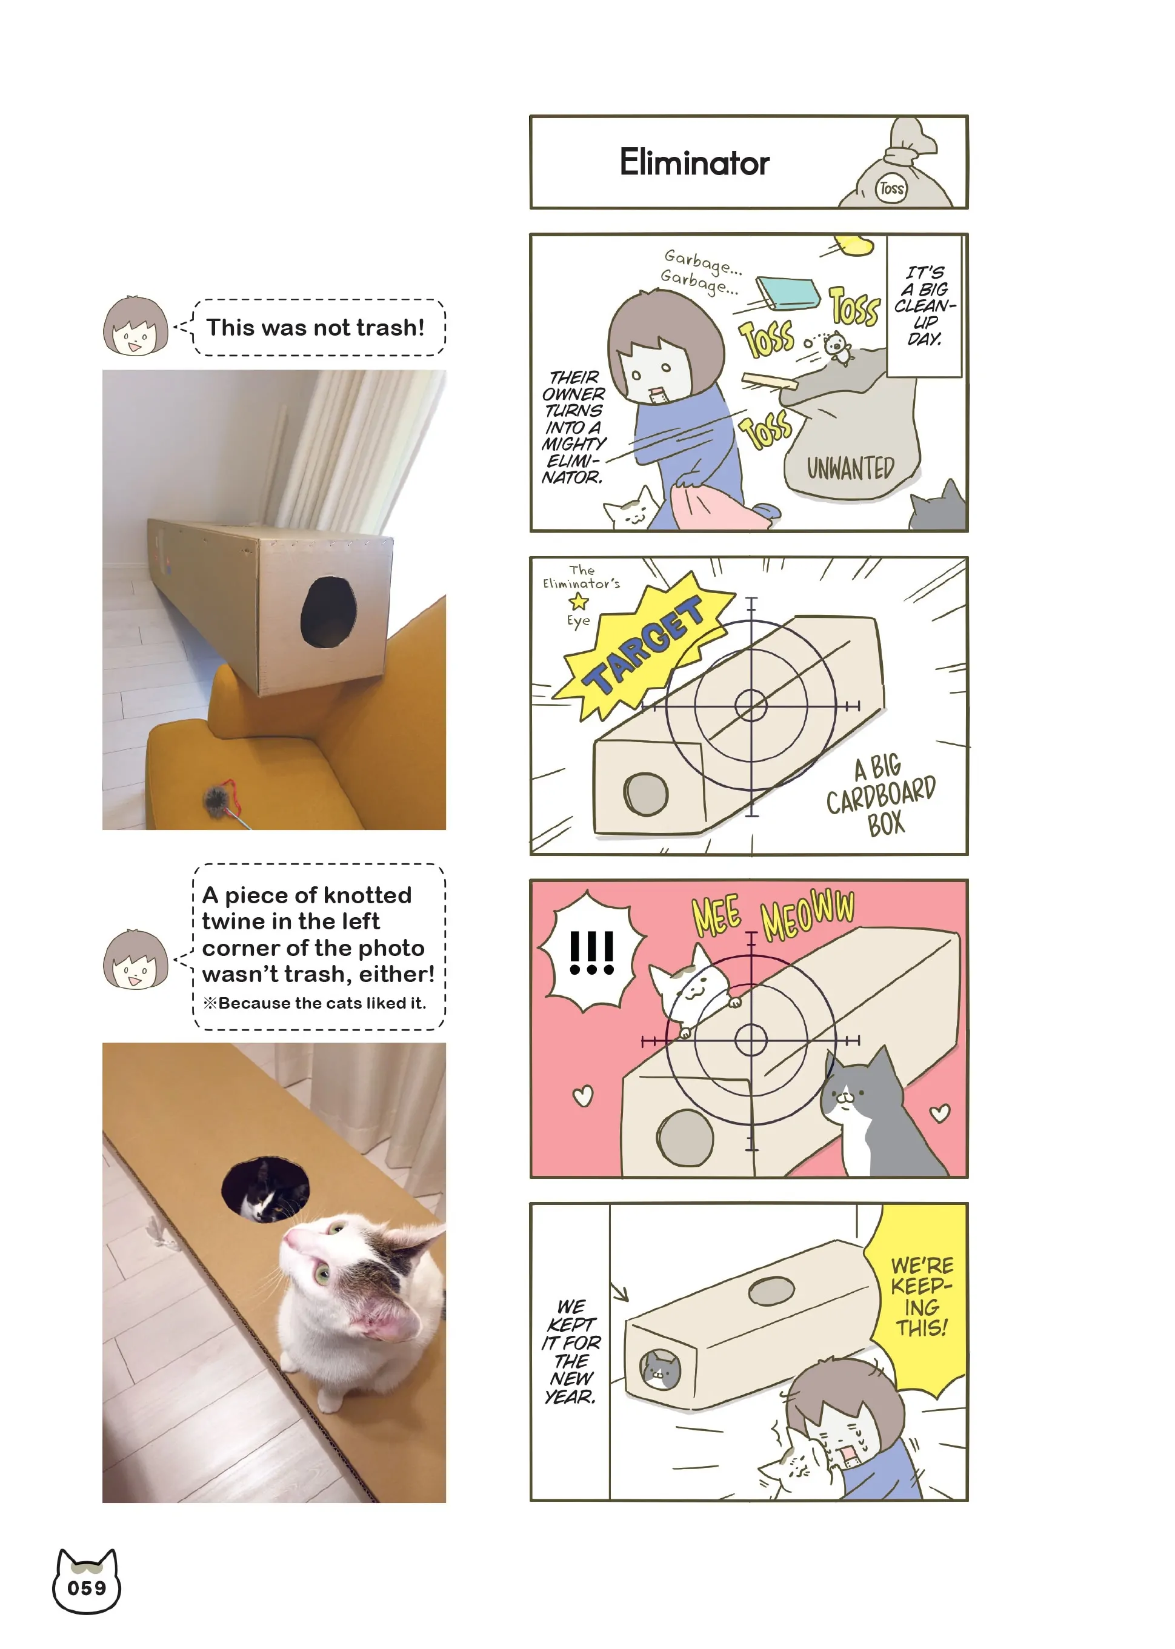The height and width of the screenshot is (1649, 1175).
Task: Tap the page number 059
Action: click(x=87, y=1588)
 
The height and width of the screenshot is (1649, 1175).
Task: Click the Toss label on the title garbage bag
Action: click(x=891, y=189)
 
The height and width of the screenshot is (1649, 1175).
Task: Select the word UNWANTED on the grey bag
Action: click(x=850, y=468)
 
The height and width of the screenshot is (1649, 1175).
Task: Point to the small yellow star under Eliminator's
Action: click(x=578, y=601)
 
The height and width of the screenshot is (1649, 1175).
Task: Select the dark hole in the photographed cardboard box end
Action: click(x=328, y=612)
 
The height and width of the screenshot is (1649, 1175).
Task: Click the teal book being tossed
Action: click(x=788, y=294)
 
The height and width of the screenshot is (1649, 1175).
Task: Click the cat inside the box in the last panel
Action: click(x=660, y=1370)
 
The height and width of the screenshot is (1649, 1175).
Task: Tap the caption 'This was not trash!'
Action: click(x=316, y=328)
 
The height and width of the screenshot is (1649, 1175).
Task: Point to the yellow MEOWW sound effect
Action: click(x=807, y=914)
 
